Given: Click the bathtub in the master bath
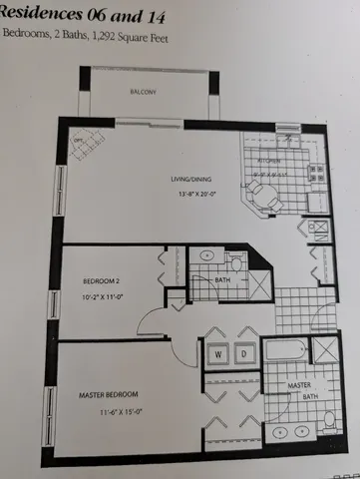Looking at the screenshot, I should click(286, 351).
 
